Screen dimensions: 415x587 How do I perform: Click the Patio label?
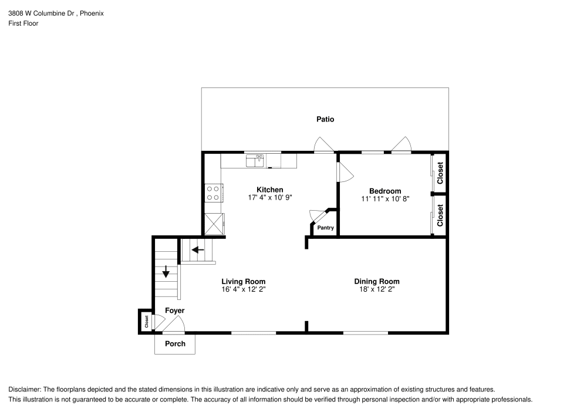pyautogui.click(x=325, y=119)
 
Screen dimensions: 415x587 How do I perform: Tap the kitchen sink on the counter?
pyautogui.click(x=256, y=160)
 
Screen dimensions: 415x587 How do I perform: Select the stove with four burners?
pyautogui.click(x=213, y=193)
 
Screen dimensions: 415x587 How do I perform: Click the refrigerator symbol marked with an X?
pyautogui.click(x=214, y=224)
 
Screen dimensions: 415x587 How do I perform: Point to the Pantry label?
pyautogui.click(x=325, y=228)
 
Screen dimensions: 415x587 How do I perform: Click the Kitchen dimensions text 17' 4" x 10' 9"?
pyautogui.click(x=270, y=198)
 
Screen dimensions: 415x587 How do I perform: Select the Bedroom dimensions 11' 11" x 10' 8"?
pyautogui.click(x=385, y=199)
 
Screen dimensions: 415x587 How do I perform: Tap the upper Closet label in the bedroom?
pyautogui.click(x=440, y=173)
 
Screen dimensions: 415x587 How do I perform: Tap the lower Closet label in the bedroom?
pyautogui.click(x=440, y=215)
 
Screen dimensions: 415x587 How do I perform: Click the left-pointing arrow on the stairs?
pyautogui.click(x=198, y=249)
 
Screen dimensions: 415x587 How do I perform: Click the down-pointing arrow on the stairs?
pyautogui.click(x=166, y=271)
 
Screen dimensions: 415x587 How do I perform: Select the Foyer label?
pyautogui.click(x=174, y=311)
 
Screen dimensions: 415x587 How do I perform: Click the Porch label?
pyautogui.click(x=175, y=343)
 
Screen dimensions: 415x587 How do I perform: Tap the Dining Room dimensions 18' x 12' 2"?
pyautogui.click(x=376, y=289)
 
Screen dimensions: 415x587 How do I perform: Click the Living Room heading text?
pyautogui.click(x=243, y=281)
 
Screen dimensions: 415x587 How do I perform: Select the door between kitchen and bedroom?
pyautogui.click(x=344, y=172)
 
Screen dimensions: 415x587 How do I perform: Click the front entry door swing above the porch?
pyautogui.click(x=174, y=325)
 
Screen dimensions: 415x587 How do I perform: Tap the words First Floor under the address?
pyautogui.click(x=23, y=23)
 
